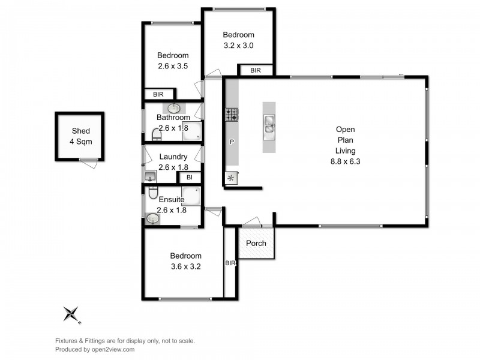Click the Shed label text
[x=81, y=131]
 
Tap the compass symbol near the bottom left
[x=72, y=313]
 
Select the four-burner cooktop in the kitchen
[x=232, y=114]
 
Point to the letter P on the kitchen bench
[x=232, y=143]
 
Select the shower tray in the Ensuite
[x=191, y=196]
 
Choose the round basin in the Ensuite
[x=152, y=219]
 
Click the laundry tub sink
[x=149, y=176]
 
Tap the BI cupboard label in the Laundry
[x=189, y=178]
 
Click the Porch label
[x=256, y=244]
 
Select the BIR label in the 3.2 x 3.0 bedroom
[x=256, y=70]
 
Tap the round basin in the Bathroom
[x=173, y=109]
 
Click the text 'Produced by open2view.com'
[x=95, y=349]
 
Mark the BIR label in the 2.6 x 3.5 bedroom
[x=158, y=94]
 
